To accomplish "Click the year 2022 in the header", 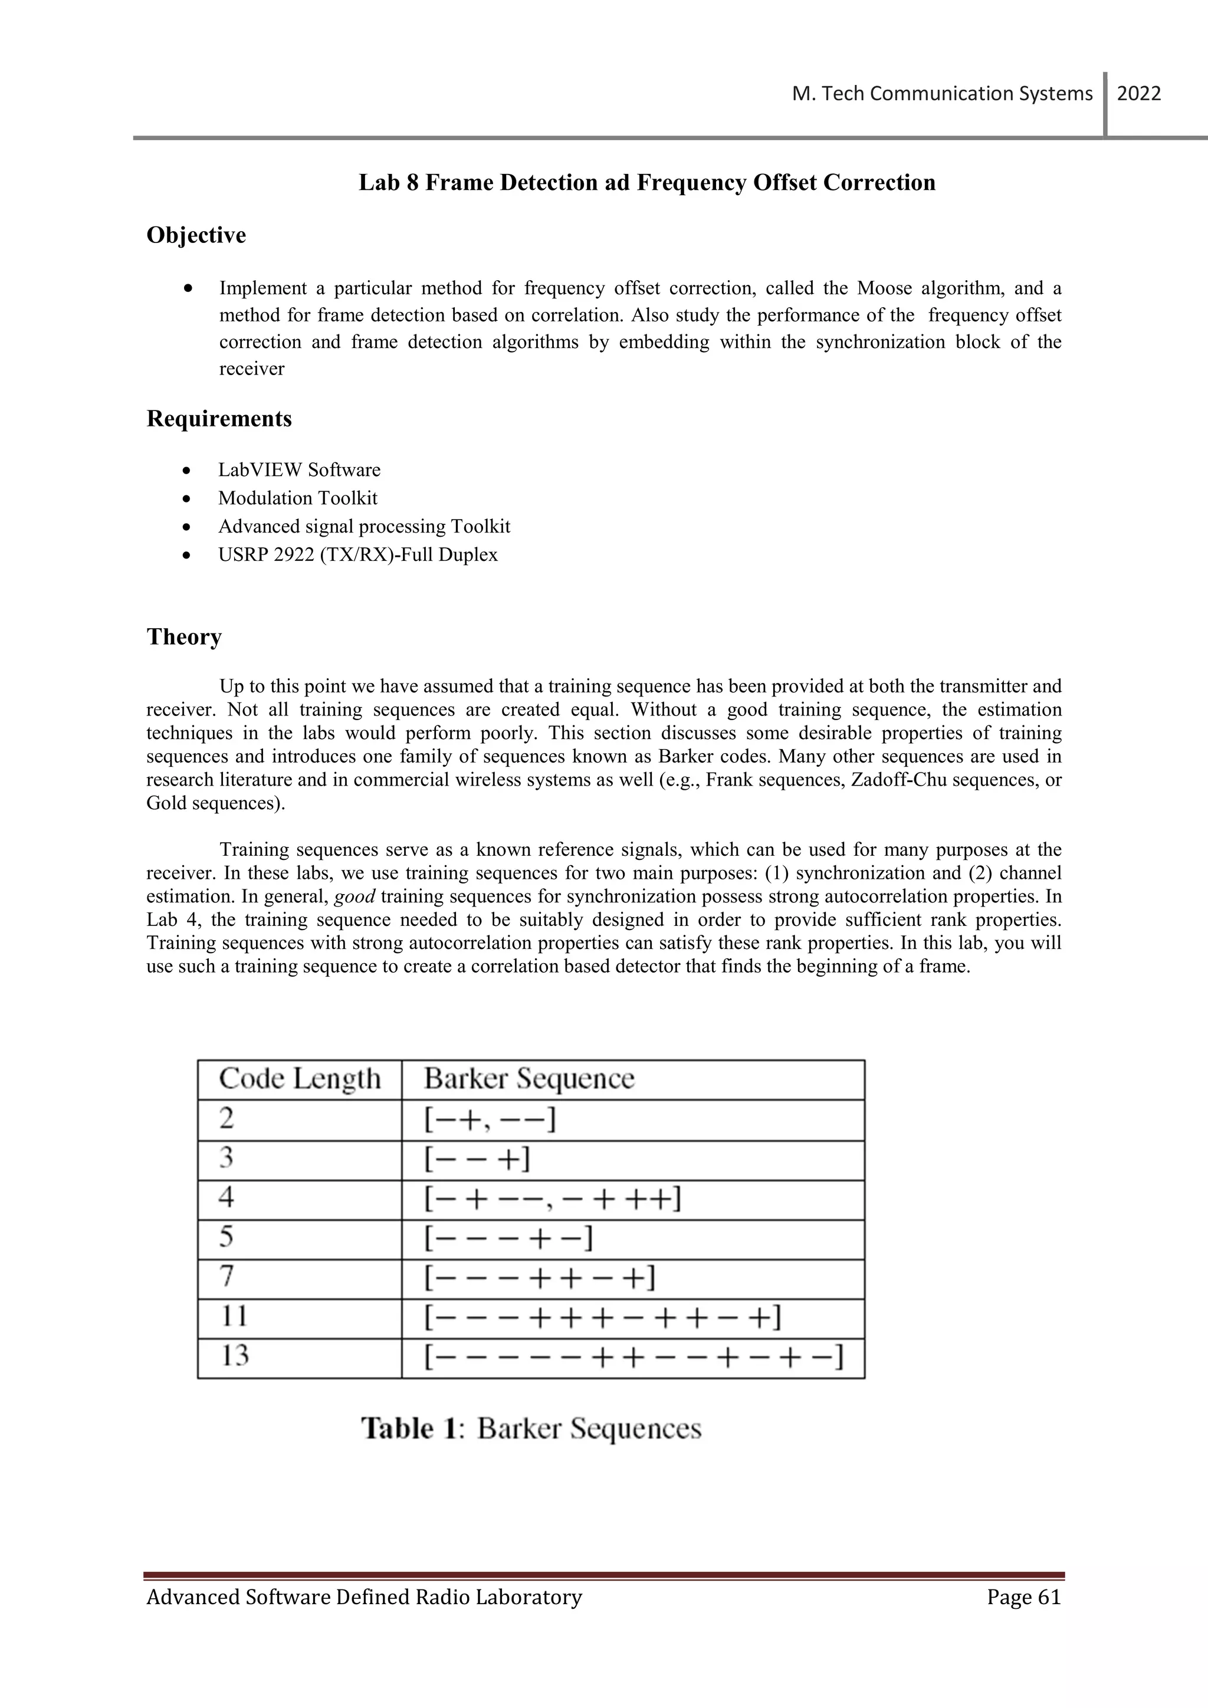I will click(x=1139, y=94).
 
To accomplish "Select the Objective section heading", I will click(x=196, y=235).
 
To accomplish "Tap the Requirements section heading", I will click(x=219, y=419).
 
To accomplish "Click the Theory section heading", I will click(x=185, y=637).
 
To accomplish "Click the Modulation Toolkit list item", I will click(x=297, y=498).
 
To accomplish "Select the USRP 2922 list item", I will click(x=358, y=555).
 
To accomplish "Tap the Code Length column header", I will click(x=299, y=1079).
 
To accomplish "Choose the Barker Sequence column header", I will click(x=529, y=1079).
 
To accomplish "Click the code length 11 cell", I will click(x=234, y=1317).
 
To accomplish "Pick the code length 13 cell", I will click(x=234, y=1356).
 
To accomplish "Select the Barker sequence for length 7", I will click(x=539, y=1278).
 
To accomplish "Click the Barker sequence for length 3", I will click(x=477, y=1159).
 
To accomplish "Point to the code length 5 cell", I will click(x=227, y=1237).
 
